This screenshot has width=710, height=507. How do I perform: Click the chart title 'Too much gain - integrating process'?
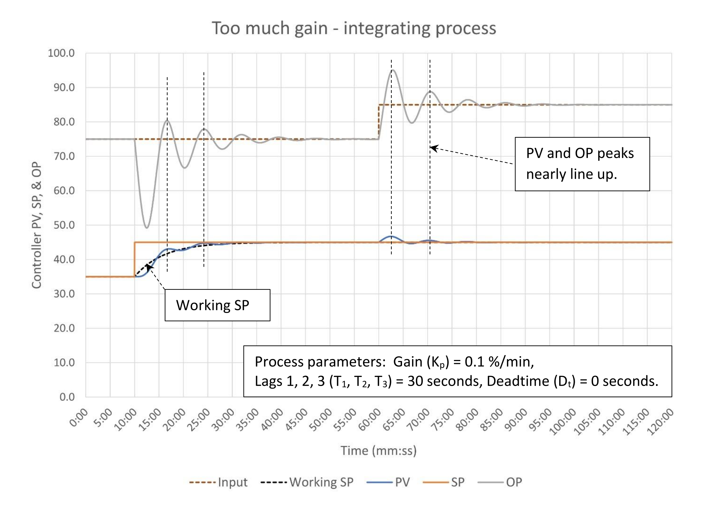click(x=354, y=28)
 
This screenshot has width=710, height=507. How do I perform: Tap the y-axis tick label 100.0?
click(x=61, y=53)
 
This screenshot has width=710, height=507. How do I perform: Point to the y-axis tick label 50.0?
click(x=64, y=225)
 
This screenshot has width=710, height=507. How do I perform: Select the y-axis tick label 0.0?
click(x=67, y=397)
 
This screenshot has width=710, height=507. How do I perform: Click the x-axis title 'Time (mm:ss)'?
click(x=379, y=451)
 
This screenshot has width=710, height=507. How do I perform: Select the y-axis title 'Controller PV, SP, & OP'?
click(x=37, y=225)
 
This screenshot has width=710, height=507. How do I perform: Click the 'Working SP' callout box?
click(x=217, y=305)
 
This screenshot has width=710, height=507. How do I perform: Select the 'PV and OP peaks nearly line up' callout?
click(x=582, y=164)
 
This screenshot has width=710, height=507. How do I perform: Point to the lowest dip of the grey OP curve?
click(x=147, y=228)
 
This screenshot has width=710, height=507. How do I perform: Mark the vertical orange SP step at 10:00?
click(x=135, y=259)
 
